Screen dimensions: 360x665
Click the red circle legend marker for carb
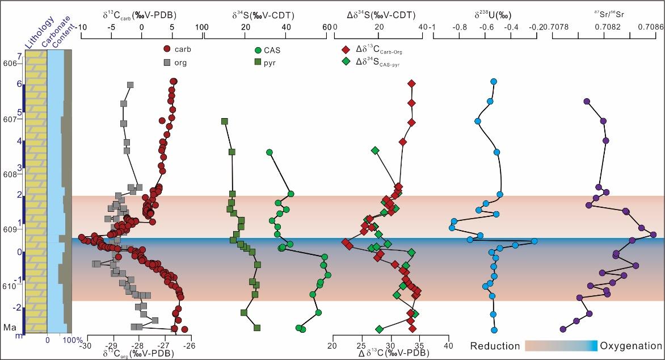coord(167,49)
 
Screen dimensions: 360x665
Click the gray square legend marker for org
coord(167,62)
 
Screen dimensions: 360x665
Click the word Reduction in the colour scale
coord(495,346)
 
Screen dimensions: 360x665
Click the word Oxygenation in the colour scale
coord(631,346)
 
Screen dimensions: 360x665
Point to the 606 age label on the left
coord(10,64)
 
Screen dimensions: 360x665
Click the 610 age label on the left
coord(10,287)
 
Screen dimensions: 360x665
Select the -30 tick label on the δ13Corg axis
coord(86,345)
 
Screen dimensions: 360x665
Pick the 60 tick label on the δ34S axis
coord(327,26)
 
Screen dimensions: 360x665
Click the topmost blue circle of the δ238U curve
coord(493,81)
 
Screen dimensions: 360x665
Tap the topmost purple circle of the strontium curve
coord(587,102)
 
